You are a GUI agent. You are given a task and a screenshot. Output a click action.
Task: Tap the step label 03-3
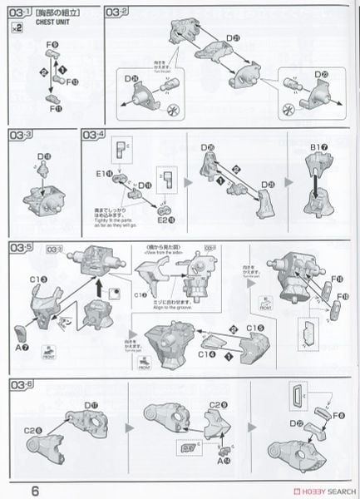click(21, 135)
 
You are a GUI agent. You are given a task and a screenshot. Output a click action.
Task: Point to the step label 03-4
click(95, 135)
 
